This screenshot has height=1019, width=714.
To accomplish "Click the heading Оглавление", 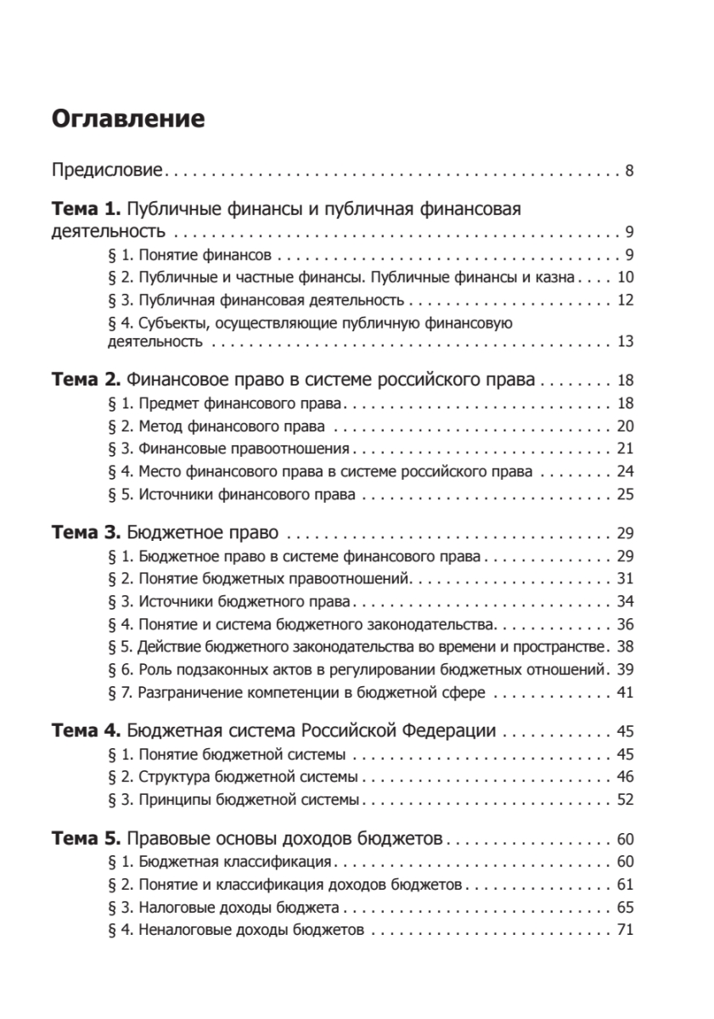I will click(x=128, y=119).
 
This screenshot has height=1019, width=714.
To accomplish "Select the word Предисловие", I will click(x=107, y=171).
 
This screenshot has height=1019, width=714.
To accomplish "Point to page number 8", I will click(x=629, y=171).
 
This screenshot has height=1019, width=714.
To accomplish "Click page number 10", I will click(x=626, y=277).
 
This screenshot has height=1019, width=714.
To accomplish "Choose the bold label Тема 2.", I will click(x=87, y=380).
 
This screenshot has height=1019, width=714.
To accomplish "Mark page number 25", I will click(x=626, y=494).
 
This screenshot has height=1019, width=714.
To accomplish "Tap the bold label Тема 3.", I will click(x=87, y=533).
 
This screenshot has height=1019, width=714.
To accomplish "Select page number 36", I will click(x=626, y=625).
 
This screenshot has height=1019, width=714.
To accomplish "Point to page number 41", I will click(x=626, y=693).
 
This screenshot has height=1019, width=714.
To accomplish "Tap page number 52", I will click(x=626, y=799).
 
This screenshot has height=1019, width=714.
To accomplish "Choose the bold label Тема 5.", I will click(x=87, y=839).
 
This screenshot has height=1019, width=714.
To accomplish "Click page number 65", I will click(x=626, y=907).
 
